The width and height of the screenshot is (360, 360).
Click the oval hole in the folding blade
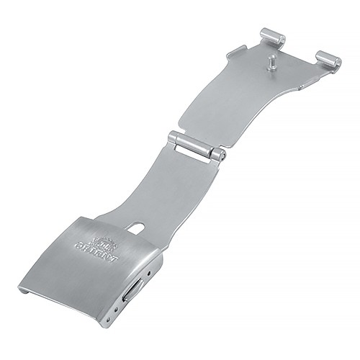click(x=136, y=228)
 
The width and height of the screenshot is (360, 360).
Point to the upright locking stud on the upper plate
click(x=271, y=63)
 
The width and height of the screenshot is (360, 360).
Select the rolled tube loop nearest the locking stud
click(x=273, y=38)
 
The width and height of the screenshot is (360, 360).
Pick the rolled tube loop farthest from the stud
click(x=328, y=61)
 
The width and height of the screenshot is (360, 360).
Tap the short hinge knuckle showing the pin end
click(x=219, y=156)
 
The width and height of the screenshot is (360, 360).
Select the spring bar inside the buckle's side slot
click(x=132, y=291)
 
